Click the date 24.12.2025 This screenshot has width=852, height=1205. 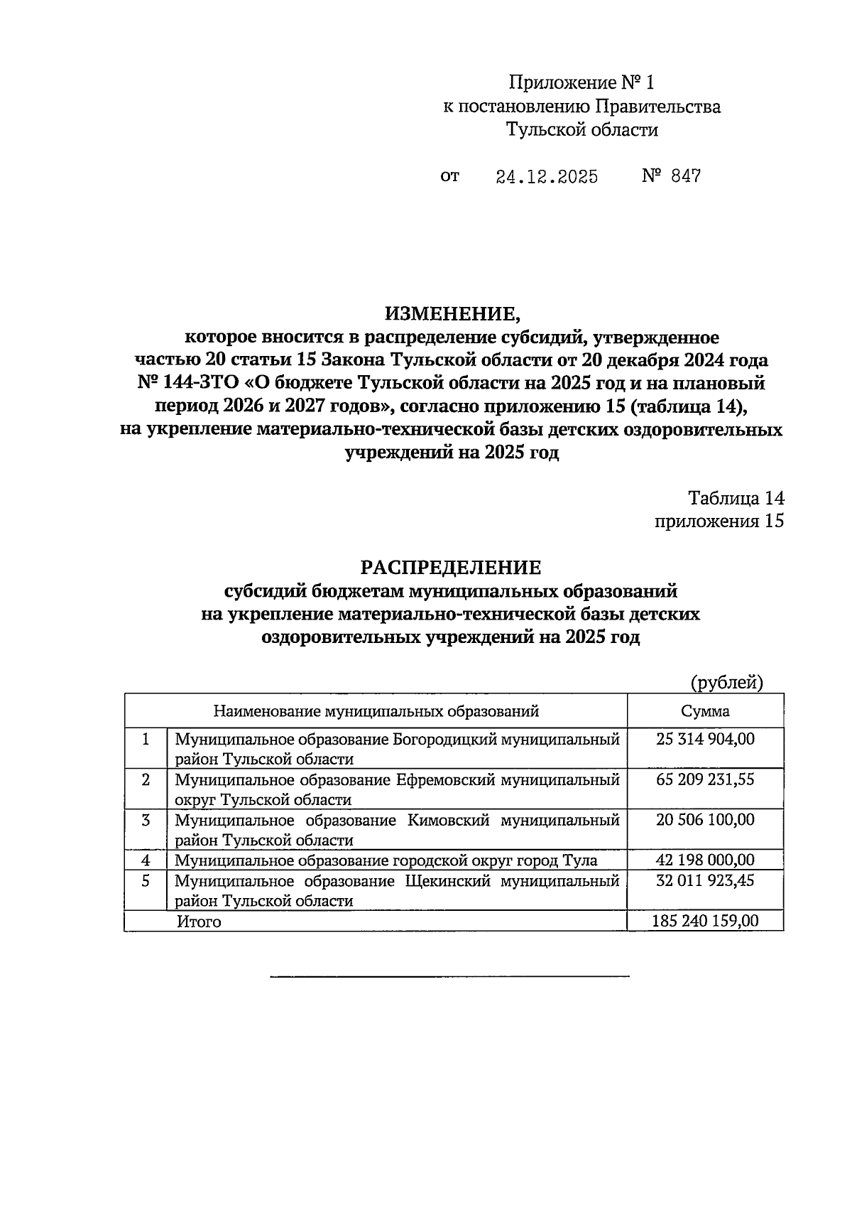pos(546,177)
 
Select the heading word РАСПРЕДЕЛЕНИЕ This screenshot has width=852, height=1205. pos(451,567)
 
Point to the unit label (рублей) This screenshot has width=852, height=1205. pos(727,683)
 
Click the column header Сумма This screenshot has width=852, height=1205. pos(705,711)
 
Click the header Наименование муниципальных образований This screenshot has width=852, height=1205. pos(376,711)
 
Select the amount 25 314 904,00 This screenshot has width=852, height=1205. pos(705,739)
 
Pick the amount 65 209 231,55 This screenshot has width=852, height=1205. pos(705,779)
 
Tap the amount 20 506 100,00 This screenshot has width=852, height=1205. pos(705,820)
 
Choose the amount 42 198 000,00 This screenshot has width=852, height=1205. pos(705,860)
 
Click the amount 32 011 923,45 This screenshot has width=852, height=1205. pos(705,881)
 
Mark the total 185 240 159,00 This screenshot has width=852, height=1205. pos(705,922)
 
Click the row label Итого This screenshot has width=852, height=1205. pos(199,922)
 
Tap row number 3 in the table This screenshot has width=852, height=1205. pos(146,821)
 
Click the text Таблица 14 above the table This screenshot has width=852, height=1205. pos(736,498)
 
